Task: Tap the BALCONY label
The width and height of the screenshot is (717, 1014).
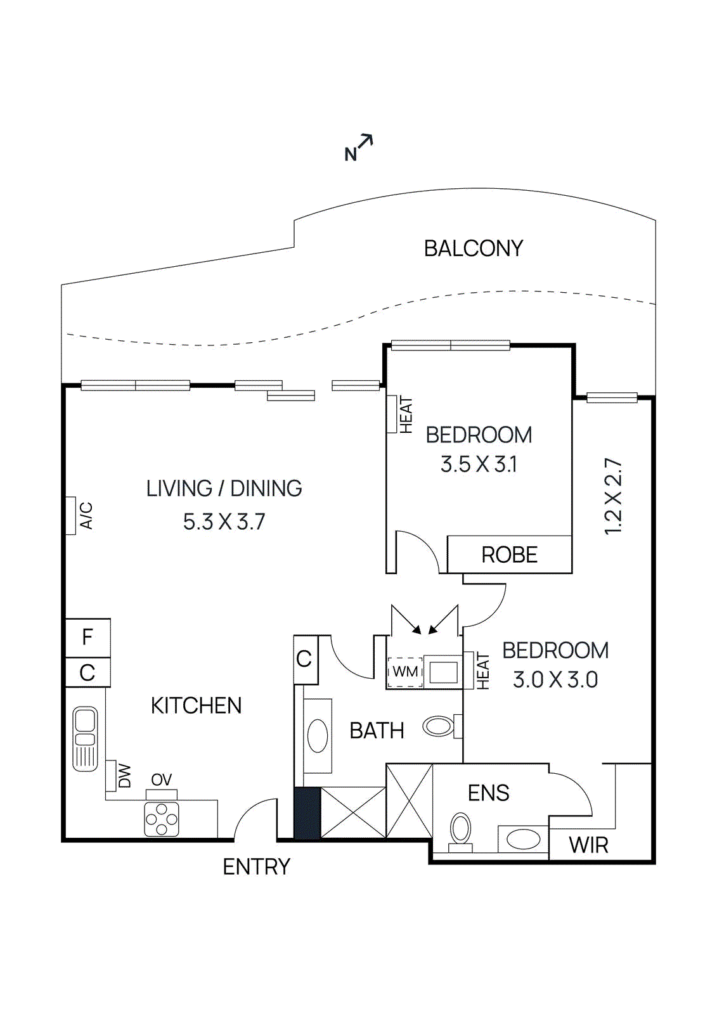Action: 474,248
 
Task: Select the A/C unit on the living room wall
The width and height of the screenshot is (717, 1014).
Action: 70,516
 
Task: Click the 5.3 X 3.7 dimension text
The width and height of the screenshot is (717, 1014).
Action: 224,522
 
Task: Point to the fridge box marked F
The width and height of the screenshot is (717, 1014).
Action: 88,638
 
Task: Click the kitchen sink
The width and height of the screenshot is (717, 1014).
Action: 85,739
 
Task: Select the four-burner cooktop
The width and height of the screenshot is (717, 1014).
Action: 161,819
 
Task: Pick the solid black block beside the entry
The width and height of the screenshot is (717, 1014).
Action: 307,813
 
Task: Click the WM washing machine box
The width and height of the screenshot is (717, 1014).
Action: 405,671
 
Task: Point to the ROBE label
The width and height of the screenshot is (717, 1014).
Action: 510,555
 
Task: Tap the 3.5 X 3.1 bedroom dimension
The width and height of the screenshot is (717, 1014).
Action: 479,465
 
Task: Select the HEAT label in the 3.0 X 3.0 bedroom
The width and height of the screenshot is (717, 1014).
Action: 484,671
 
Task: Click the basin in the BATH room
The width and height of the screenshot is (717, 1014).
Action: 318,736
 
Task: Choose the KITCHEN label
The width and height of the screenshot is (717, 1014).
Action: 196,706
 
